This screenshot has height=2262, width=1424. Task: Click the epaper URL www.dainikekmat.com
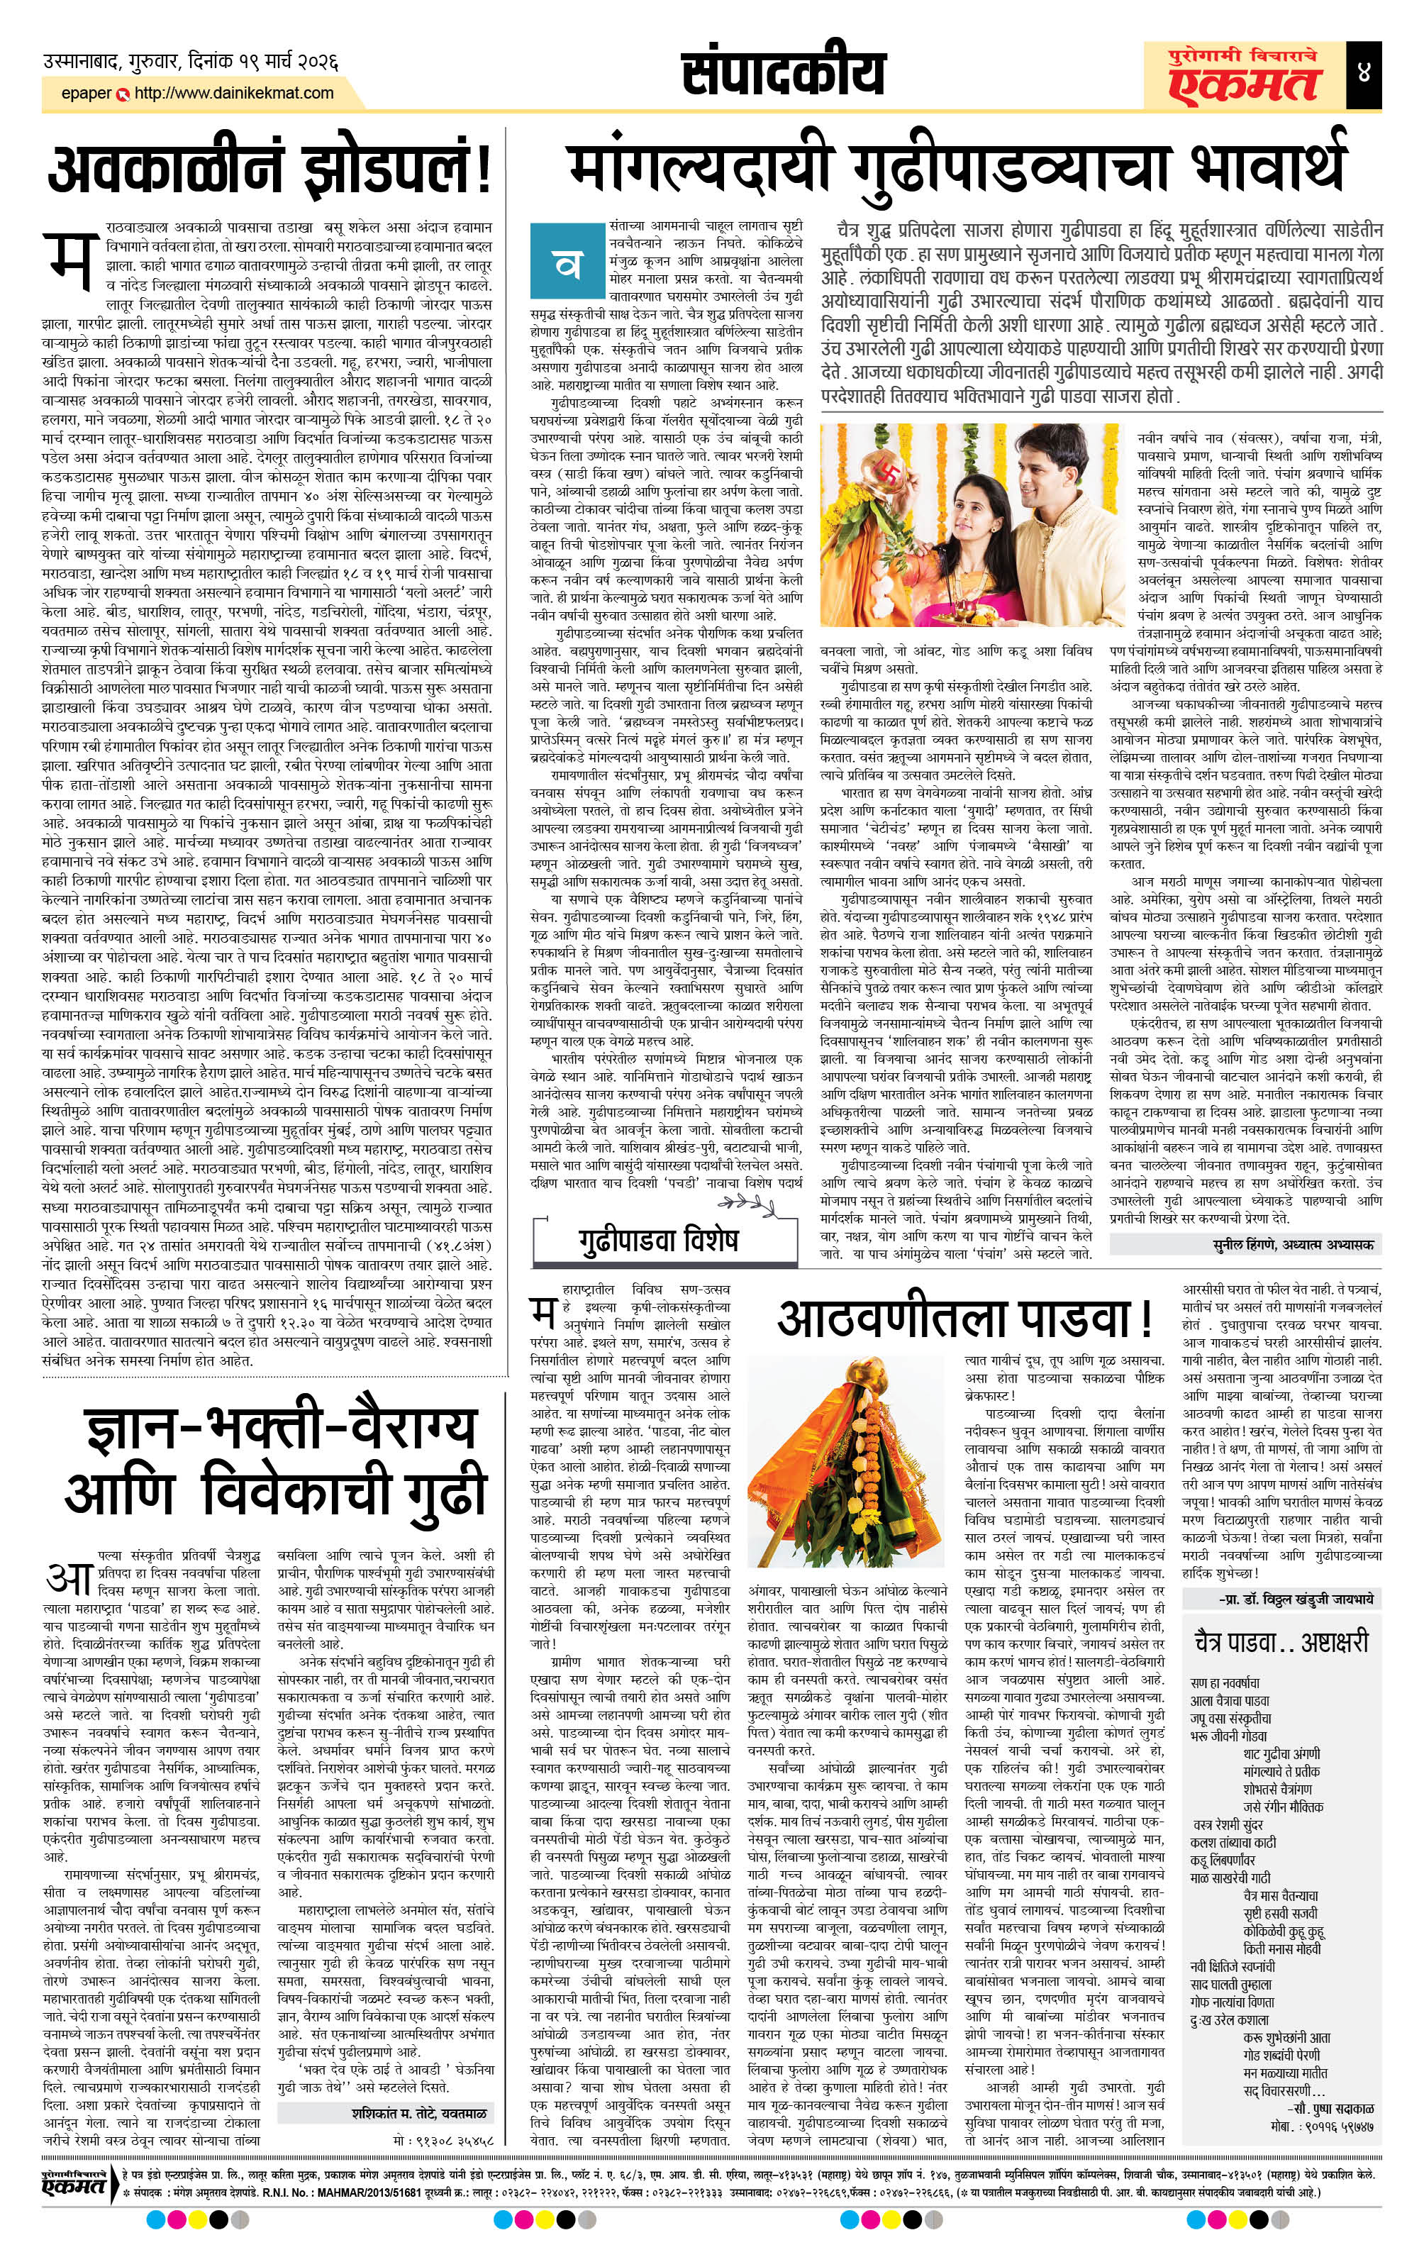pyautogui.click(x=234, y=93)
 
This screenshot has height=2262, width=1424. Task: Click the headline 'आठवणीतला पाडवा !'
pyautogui.click(x=964, y=1319)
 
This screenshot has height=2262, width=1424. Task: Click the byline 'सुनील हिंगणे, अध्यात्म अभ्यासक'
pyautogui.click(x=1244, y=1243)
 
